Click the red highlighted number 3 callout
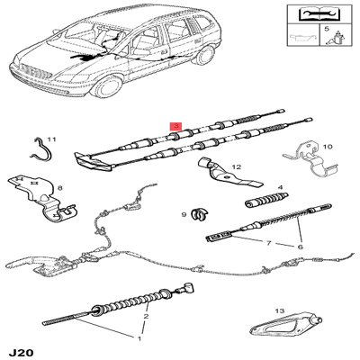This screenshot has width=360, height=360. [176, 126]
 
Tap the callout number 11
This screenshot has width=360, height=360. [51, 139]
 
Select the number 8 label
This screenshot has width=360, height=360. [59, 188]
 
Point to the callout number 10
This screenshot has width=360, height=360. [328, 147]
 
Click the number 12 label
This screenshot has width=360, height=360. [236, 166]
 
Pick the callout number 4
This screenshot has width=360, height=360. [280, 187]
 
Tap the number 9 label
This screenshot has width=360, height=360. [184, 214]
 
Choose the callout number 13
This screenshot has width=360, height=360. [279, 311]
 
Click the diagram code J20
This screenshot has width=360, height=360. [21, 352]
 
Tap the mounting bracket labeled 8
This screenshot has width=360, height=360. [42, 199]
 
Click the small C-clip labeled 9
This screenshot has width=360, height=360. [199, 213]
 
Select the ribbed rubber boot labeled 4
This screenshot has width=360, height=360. [266, 200]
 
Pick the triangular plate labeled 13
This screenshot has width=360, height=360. [284, 325]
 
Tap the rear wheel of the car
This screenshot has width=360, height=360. [204, 55]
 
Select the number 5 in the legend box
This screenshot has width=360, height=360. [327, 29]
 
